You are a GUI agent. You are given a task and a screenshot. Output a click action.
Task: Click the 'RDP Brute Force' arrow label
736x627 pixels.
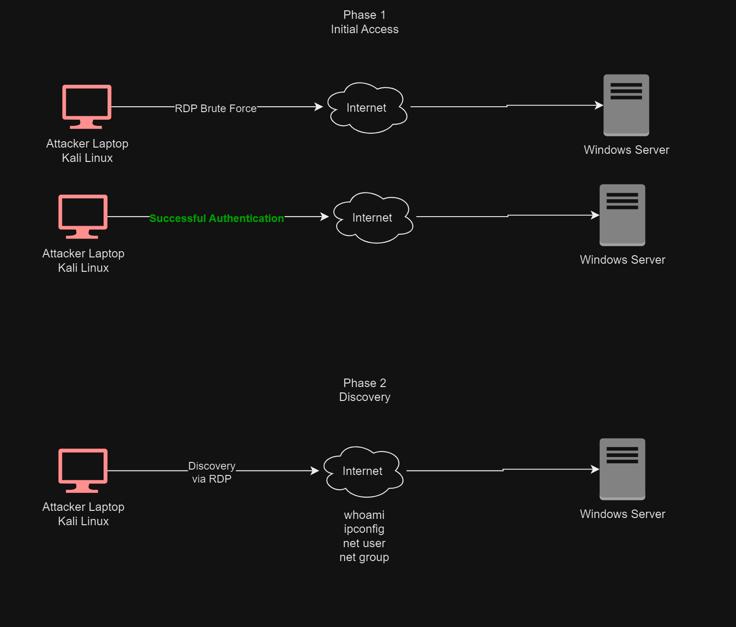(x=216, y=109)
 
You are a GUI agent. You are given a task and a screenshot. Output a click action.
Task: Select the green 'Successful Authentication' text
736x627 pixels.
(x=216, y=218)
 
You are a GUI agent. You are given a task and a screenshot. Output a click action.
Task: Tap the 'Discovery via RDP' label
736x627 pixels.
(x=212, y=472)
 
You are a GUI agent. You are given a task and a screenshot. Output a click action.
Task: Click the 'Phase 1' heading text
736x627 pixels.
(x=364, y=15)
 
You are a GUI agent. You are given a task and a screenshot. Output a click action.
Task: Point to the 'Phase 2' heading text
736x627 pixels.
(x=364, y=383)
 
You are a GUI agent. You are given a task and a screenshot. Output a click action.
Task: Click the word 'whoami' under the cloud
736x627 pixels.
(x=364, y=515)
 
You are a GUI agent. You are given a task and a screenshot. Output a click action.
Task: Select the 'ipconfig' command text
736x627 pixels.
(x=364, y=529)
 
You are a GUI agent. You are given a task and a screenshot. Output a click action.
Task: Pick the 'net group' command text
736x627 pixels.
(x=364, y=557)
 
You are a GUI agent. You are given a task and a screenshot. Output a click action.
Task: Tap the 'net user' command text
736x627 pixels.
(x=364, y=543)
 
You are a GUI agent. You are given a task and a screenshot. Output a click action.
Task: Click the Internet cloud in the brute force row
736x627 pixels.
(x=367, y=108)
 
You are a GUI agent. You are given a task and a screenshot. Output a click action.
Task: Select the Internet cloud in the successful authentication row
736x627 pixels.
(x=372, y=218)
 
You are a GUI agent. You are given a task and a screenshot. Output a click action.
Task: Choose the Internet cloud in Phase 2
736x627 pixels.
(x=363, y=471)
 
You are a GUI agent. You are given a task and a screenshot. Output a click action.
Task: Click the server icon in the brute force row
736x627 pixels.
(x=626, y=105)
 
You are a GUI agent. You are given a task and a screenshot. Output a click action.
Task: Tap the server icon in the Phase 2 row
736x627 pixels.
(x=622, y=469)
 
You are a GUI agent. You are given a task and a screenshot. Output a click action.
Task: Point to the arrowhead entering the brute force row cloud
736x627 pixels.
(x=319, y=107)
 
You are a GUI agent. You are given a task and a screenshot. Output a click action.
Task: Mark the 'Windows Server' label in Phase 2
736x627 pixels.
(x=622, y=514)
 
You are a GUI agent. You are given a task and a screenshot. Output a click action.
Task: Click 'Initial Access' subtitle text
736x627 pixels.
(x=364, y=29)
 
